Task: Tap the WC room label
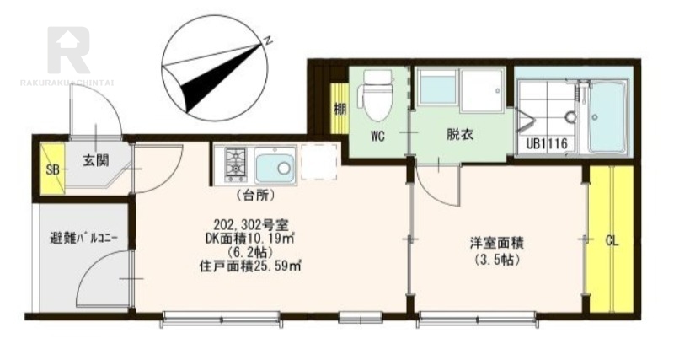(377, 137)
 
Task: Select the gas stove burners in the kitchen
(236, 164)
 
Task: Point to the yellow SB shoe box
(52, 169)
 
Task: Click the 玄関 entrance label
(96, 161)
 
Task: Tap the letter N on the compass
(268, 40)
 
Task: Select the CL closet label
(612, 241)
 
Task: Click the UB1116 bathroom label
(547, 143)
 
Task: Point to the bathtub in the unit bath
(607, 116)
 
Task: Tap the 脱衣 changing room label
(460, 135)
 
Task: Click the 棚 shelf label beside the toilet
(340, 110)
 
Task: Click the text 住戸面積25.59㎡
(249, 266)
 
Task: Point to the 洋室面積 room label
(496, 244)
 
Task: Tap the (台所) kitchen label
(255, 196)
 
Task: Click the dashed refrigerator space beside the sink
(319, 162)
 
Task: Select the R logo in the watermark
(69, 50)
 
